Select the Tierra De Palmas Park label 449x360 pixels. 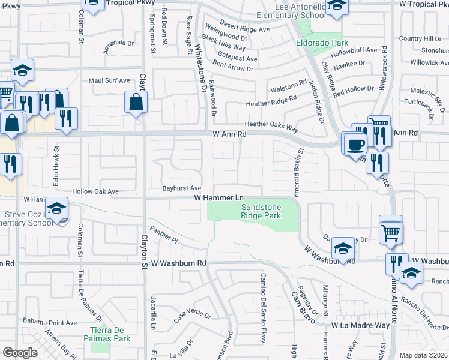point(110,335)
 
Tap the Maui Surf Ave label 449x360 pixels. point(109,80)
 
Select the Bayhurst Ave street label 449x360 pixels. point(181,188)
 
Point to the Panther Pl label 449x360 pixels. point(166,238)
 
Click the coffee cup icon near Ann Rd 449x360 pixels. point(357,144)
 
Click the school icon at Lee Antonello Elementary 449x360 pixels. point(337,7)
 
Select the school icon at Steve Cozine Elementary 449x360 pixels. point(57,209)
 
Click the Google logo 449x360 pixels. point(20,353)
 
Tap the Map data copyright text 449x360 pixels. point(423,355)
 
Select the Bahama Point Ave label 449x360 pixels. point(50,323)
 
